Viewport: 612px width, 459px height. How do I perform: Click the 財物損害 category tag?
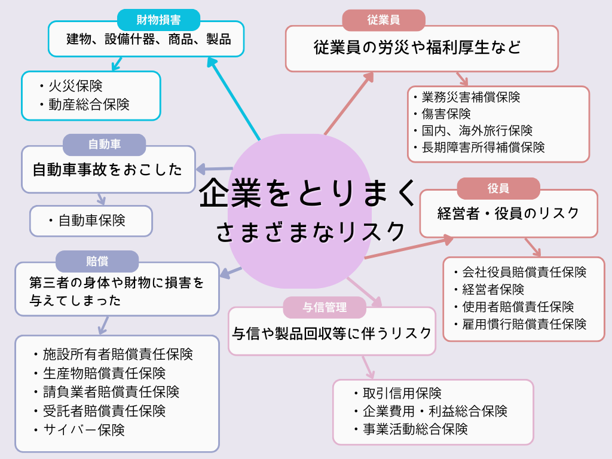(x=158, y=20)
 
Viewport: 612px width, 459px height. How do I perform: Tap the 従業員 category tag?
(x=384, y=20)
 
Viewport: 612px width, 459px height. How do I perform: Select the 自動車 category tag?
(x=105, y=145)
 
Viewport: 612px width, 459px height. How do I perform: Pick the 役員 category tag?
(x=498, y=188)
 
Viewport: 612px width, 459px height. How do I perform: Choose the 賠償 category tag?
(x=97, y=261)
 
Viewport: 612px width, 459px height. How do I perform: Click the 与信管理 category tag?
(x=324, y=307)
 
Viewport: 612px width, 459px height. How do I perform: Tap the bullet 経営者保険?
(x=493, y=289)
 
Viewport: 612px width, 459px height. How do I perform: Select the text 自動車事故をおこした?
(x=108, y=170)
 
